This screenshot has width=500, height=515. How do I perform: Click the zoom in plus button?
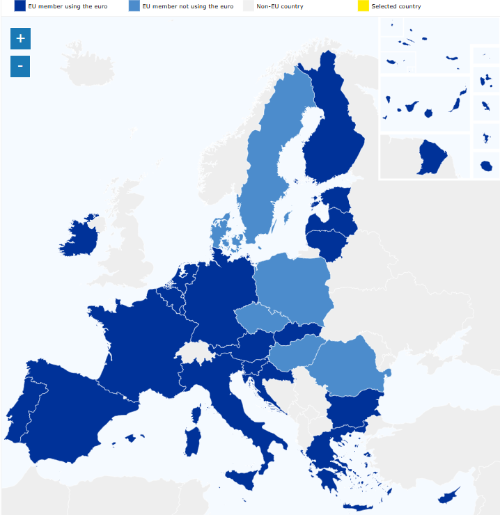20,38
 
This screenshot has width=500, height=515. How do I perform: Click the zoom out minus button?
20,67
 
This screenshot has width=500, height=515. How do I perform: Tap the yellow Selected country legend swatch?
363,6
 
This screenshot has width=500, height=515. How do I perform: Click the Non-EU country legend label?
279,6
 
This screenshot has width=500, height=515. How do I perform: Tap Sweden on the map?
268,160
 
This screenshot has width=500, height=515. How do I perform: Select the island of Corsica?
196,415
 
